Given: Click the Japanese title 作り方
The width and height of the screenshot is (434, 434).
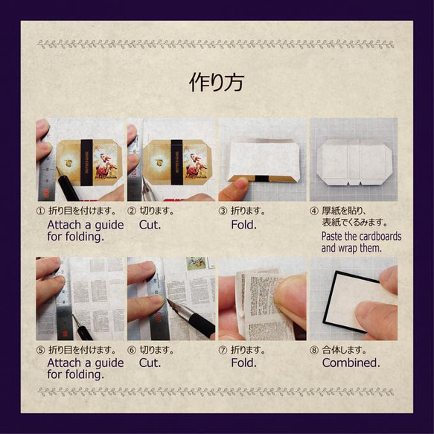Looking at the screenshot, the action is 217,82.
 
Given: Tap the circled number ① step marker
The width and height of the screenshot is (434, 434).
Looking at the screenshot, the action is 40,211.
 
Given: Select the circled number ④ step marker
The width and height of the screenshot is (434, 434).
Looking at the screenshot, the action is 314,211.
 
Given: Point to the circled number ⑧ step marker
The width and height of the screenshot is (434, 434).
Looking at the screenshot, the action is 314,351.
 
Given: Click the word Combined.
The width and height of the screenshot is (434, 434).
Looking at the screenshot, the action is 351,363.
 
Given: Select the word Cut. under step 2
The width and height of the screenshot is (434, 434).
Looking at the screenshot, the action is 150,225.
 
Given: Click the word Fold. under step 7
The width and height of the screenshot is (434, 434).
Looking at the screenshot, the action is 243,363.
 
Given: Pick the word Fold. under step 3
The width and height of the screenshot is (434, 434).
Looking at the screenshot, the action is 243,225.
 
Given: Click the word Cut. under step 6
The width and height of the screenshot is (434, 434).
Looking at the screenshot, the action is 150,363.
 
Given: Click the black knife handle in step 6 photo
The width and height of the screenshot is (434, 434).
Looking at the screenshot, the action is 202,324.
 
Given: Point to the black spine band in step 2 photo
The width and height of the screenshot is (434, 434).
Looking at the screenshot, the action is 177,162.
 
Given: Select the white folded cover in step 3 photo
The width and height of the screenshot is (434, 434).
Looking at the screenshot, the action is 264,160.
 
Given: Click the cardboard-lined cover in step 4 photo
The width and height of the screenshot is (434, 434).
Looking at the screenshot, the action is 354,162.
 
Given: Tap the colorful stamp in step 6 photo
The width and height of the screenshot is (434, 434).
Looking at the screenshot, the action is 197,264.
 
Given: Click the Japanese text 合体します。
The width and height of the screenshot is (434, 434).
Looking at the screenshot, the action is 344,351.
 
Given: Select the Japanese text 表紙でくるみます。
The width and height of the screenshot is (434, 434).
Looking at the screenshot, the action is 354,223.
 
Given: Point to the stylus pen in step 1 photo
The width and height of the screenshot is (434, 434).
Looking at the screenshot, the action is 66,185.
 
